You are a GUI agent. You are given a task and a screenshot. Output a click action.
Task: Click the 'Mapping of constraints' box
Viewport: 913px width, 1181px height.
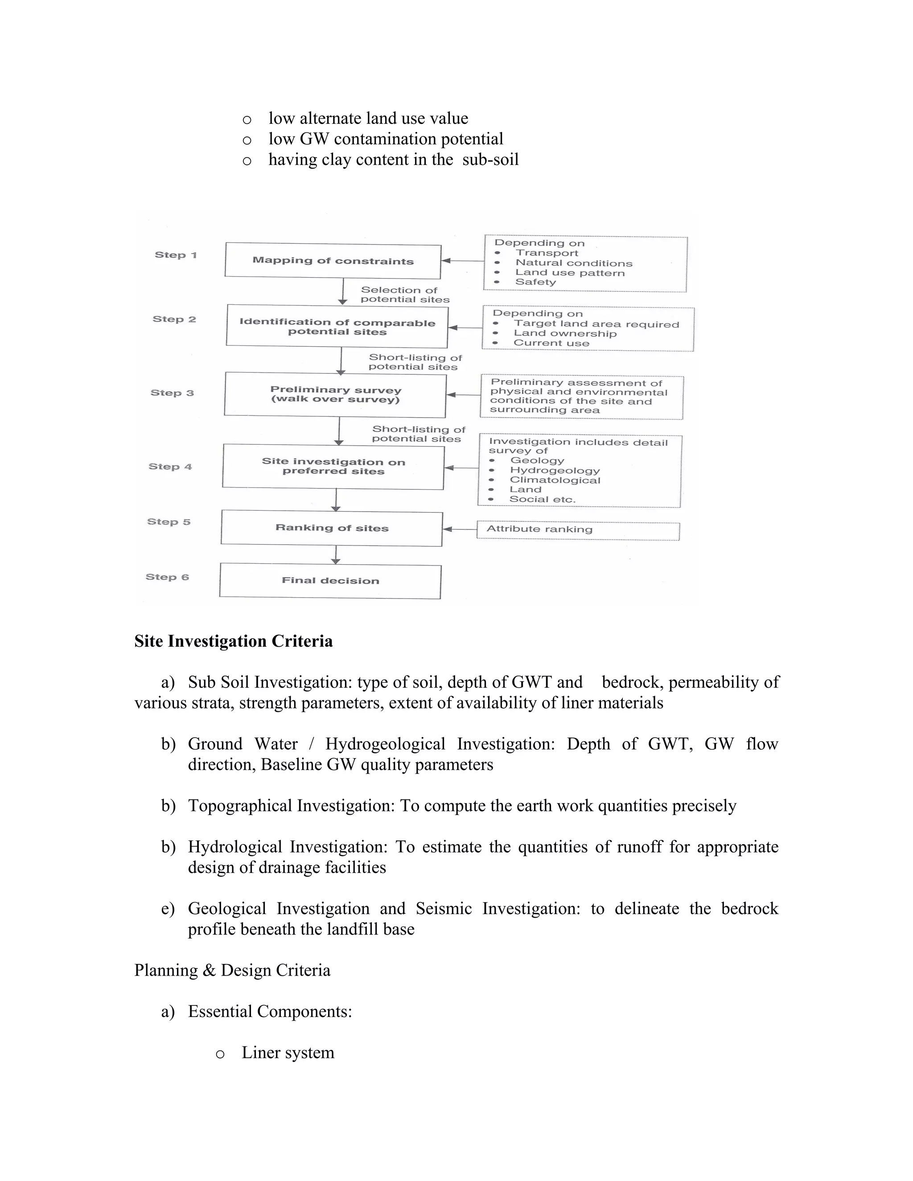(333, 261)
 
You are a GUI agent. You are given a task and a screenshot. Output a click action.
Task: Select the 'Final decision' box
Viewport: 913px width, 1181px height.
(330, 581)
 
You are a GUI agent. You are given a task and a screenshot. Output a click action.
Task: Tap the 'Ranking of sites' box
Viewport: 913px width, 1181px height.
(332, 528)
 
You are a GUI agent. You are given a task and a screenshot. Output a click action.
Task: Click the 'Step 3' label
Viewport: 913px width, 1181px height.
(172, 393)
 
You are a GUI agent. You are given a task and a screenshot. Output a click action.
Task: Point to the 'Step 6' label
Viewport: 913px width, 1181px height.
(167, 577)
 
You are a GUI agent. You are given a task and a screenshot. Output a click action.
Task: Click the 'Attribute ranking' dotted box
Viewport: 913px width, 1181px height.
(578, 530)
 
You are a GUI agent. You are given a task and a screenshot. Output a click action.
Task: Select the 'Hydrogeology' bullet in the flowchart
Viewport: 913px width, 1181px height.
(555, 471)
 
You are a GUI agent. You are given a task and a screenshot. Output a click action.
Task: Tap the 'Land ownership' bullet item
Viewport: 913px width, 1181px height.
(565, 334)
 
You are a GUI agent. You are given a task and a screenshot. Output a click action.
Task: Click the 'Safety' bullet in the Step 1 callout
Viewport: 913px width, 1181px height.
(535, 282)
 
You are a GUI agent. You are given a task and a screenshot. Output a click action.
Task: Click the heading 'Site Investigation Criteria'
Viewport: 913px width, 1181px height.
(233, 641)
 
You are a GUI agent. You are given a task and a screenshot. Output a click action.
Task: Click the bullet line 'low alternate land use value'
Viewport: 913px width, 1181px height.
(368, 119)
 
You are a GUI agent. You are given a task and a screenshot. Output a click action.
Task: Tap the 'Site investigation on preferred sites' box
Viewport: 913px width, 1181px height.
(333, 466)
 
